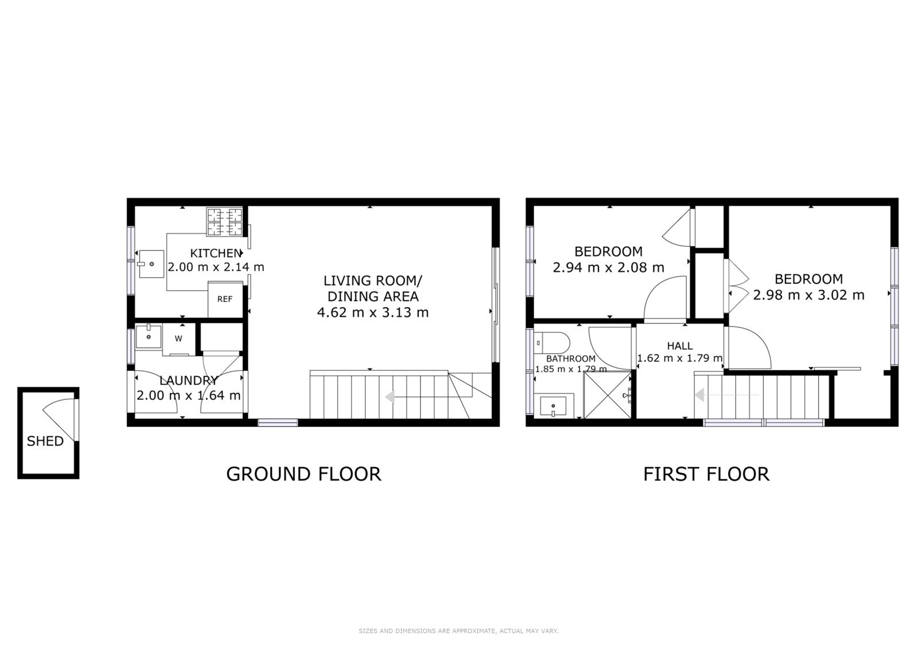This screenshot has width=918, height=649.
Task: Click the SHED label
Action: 45,441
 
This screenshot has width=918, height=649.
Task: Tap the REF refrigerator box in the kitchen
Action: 225,300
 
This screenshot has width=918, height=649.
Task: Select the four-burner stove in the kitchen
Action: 224,222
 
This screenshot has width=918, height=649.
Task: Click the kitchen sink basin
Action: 151,264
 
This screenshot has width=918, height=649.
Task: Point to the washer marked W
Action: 178,339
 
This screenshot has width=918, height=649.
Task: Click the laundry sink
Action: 149,336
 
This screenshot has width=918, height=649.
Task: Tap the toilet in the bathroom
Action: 551,341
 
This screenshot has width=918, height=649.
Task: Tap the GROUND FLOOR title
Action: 304,475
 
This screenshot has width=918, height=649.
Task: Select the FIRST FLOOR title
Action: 706,475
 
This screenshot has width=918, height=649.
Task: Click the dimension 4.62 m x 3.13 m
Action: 373,313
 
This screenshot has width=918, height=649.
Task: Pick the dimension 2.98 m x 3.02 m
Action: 808,295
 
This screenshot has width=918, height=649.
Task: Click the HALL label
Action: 680,346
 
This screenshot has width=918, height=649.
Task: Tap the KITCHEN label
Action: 216,254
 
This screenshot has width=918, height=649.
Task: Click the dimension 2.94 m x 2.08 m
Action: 608,268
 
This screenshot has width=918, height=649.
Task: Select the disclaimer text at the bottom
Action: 458,631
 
